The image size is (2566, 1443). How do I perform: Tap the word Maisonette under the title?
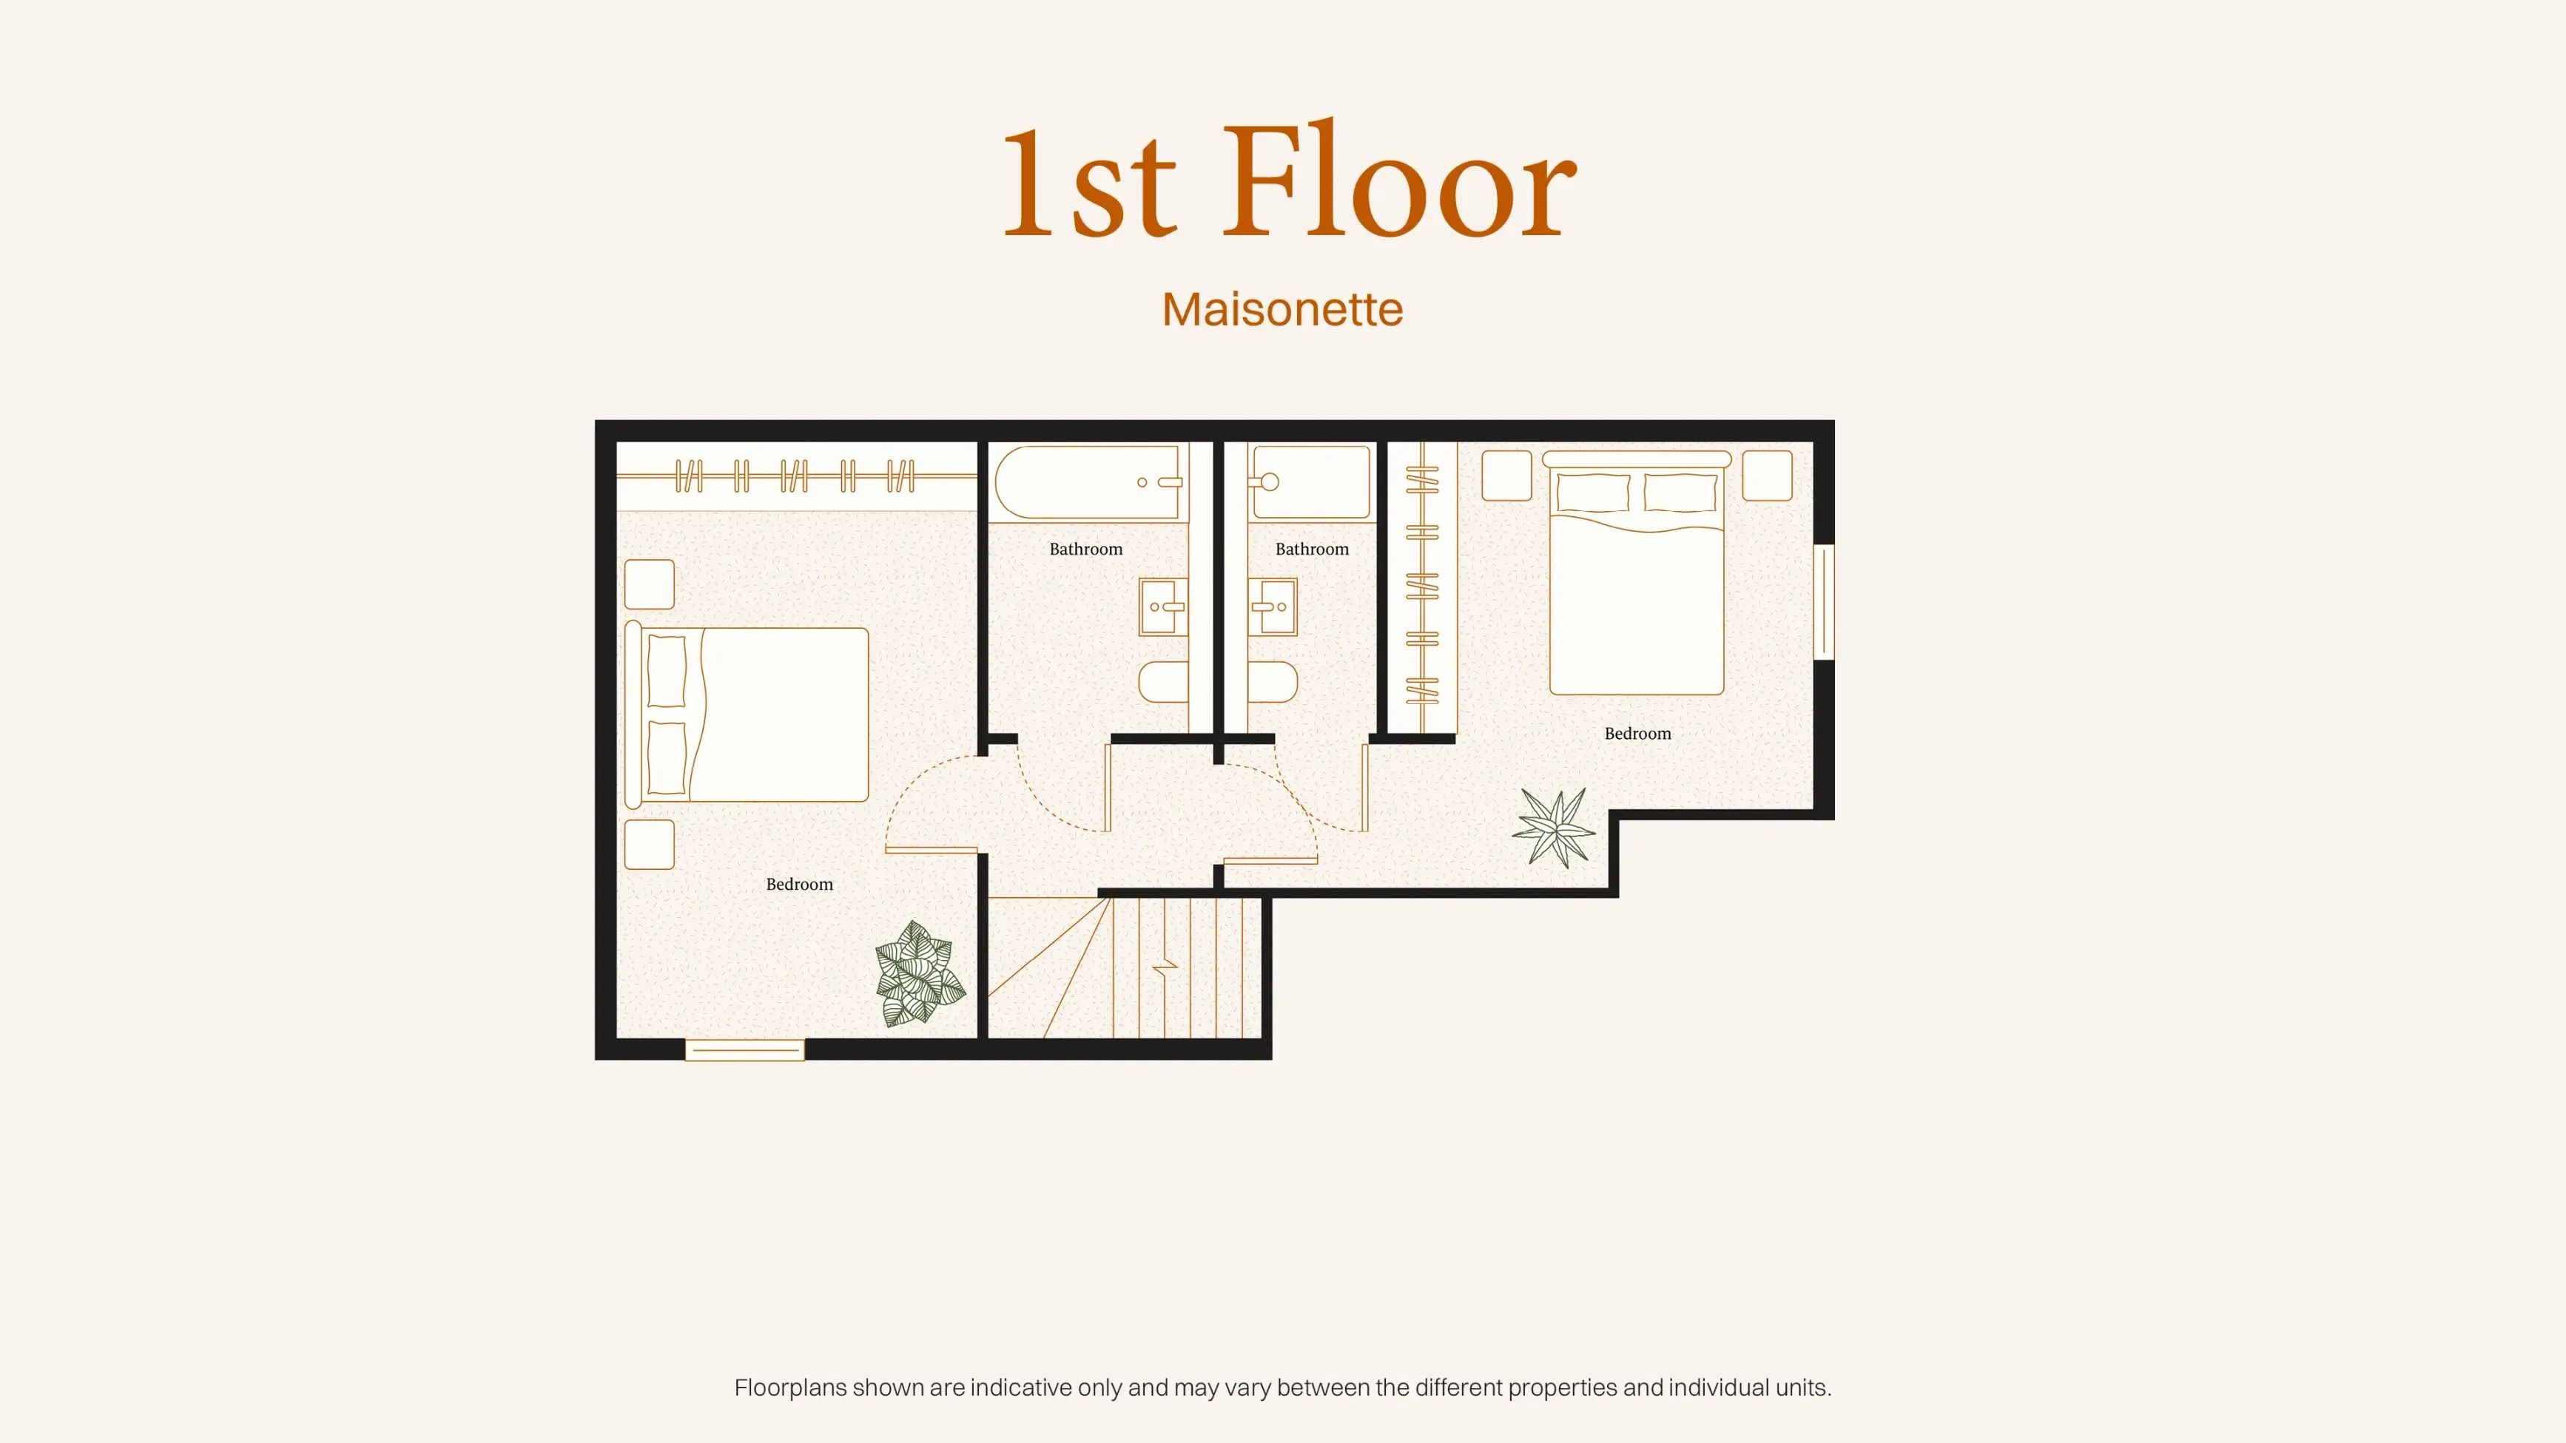click(1283, 310)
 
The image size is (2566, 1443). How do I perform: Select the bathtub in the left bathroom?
click(1088, 482)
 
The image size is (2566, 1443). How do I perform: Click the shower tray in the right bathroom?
click(1310, 482)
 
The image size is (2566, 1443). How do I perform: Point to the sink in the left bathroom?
click(1162, 606)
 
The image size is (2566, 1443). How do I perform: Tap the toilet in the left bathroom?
click(1163, 682)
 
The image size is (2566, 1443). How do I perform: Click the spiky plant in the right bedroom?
click(1554, 828)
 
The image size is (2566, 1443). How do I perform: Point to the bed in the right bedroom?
click(1637, 572)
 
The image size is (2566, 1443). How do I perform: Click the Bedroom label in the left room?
click(799, 885)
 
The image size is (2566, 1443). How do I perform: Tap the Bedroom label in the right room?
click(1637, 734)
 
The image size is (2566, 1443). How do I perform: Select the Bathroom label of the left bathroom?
click(1085, 550)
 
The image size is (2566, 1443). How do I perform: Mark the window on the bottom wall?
click(744, 1050)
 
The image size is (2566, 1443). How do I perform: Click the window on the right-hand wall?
click(1824, 601)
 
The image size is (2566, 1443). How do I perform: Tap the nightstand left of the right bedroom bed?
click(1506, 476)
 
